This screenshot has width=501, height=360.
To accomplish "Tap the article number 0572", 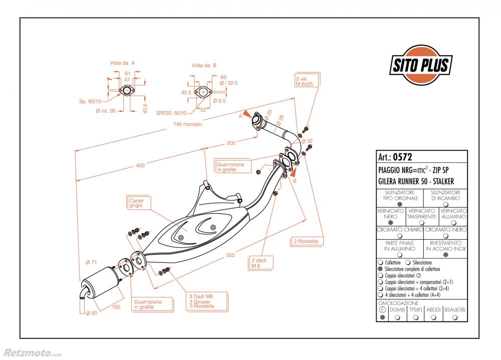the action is [402, 157].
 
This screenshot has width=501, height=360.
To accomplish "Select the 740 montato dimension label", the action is [187, 124].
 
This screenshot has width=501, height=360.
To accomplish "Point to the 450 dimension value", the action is [140, 165].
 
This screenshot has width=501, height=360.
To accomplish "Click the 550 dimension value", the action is [230, 255].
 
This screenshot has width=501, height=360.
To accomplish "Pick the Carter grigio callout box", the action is [138, 203].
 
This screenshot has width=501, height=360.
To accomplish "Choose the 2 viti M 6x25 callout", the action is [307, 81].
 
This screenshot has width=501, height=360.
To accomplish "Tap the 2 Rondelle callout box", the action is [307, 241].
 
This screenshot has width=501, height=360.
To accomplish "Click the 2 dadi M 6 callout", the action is [261, 263].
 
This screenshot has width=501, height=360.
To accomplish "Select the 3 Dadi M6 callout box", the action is [206, 301].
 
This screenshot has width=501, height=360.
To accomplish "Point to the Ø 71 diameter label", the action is [91, 262].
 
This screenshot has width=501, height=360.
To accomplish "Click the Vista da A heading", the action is [122, 63].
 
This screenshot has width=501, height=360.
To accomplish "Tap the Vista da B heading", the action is [204, 65].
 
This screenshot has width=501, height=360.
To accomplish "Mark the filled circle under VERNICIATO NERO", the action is [390, 223].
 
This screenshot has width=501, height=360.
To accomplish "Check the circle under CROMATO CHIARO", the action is [399, 236].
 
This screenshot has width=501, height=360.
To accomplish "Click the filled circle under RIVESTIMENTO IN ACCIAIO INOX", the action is [446, 254].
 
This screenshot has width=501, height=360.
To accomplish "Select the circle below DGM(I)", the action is [397, 317].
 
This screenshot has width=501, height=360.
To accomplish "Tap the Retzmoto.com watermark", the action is [33, 352].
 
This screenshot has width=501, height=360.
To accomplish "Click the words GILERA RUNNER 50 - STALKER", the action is [416, 181].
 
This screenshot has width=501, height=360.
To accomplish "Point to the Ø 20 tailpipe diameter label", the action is [91, 313].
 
